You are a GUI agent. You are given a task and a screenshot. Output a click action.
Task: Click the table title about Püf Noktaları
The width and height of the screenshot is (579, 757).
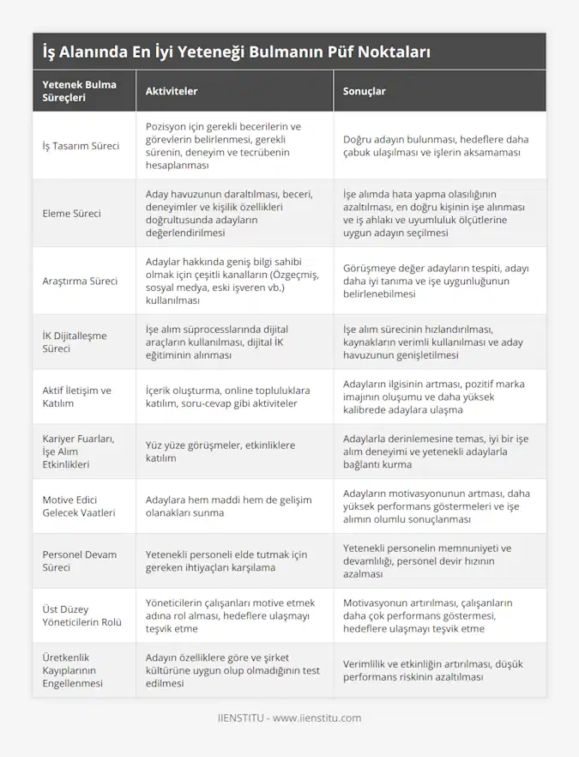coord(236,52)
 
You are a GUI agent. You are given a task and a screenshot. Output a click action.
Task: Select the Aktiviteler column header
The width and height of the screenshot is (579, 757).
coord(172,91)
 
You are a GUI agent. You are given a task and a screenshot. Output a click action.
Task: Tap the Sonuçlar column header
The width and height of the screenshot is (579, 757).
coord(364,91)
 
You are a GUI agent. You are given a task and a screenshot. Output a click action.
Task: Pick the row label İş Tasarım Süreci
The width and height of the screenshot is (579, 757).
coord(81,146)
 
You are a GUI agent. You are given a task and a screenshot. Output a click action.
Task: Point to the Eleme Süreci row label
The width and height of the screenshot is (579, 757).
coord(71,213)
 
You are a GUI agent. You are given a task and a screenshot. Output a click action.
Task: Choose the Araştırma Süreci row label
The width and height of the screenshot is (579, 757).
coord(79,281)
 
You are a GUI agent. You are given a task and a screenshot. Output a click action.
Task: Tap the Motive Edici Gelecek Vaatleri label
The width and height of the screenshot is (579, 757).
coord(82,506)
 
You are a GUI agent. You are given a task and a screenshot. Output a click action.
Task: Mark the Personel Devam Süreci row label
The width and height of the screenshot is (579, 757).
coord(79,561)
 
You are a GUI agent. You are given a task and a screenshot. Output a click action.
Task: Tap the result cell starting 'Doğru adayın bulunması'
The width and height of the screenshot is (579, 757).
coord(436,146)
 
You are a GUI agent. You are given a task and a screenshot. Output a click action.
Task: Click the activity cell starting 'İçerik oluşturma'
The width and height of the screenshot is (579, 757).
coord(227,397)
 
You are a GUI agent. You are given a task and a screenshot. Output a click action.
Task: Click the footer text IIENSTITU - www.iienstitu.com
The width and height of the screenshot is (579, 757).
coord(289,718)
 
